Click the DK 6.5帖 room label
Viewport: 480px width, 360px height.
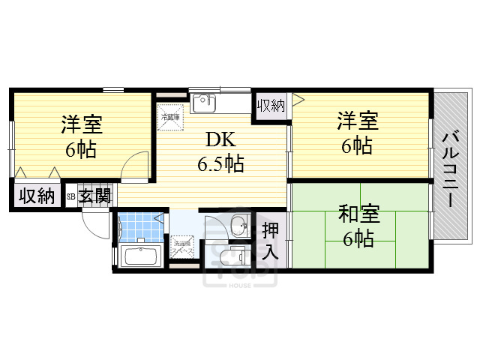pyautogui.click(x=220, y=151)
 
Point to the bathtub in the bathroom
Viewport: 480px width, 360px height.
pyautogui.click(x=139, y=256)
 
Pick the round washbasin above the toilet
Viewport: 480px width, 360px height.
pyautogui.click(x=241, y=224)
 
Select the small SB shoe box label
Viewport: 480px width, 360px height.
pyautogui.click(x=71, y=196)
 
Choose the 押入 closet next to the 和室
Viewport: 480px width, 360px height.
pyautogui.click(x=271, y=240)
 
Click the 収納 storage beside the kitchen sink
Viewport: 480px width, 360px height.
pyautogui.click(x=271, y=105)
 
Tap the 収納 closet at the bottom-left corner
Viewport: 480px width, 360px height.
pyautogui.click(x=37, y=196)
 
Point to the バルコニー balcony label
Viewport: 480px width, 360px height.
pyautogui.click(x=450, y=169)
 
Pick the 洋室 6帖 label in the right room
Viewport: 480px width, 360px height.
pyautogui.click(x=356, y=133)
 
